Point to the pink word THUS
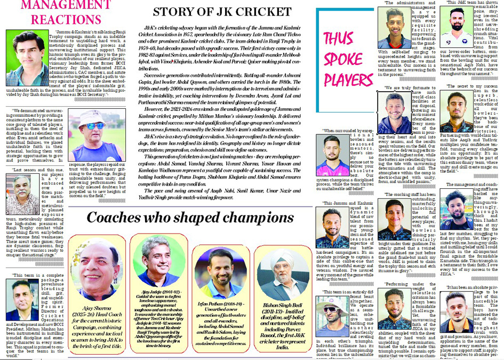click(x=338, y=39)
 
